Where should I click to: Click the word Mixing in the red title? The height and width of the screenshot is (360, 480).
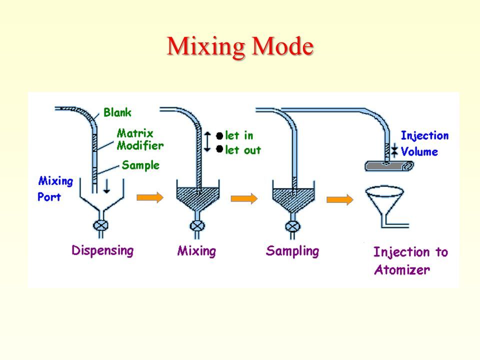pos(205,46)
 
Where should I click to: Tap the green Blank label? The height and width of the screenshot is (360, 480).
pos(117,112)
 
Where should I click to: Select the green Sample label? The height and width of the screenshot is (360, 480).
pos(140,165)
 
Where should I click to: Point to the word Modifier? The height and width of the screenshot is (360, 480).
pos(140,145)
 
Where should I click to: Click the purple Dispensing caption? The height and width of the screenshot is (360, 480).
pos(102,250)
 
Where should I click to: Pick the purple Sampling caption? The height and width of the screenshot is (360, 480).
pos(292,251)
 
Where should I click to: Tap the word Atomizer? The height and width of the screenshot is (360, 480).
pos(402,269)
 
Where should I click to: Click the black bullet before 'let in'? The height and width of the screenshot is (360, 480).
pos(219,136)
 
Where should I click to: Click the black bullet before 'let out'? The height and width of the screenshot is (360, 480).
pos(219,149)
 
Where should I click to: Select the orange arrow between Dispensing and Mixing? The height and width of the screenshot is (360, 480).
pos(150,197)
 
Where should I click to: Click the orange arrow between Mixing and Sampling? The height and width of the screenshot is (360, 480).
pos(244,198)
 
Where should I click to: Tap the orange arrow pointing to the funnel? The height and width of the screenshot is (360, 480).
pos(340,199)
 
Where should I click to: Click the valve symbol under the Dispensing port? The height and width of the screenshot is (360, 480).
pos(100,226)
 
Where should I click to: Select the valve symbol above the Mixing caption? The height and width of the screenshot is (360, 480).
pos(197,226)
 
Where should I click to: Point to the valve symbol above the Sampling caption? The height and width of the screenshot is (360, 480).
pos(293,227)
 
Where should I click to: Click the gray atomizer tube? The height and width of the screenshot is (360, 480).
pos(389,165)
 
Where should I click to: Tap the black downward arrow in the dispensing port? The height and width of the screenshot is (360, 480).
pos(106,186)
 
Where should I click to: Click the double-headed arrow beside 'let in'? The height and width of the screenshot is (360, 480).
pos(207,141)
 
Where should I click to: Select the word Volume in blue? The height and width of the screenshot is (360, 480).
pos(419,151)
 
